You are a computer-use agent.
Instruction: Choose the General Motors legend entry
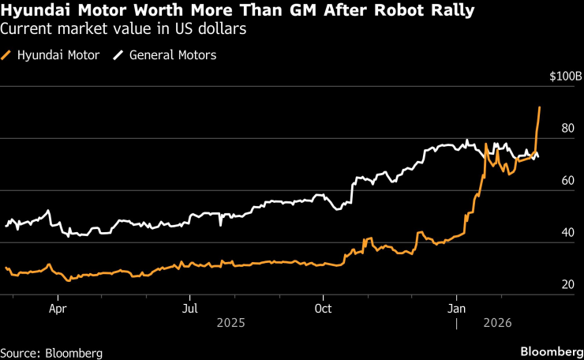pos(166,55)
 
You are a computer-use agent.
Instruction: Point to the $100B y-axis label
pos(566,77)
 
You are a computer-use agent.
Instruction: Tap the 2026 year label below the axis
pos(496,323)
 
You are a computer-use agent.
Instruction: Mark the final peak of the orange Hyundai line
pos(540,107)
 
